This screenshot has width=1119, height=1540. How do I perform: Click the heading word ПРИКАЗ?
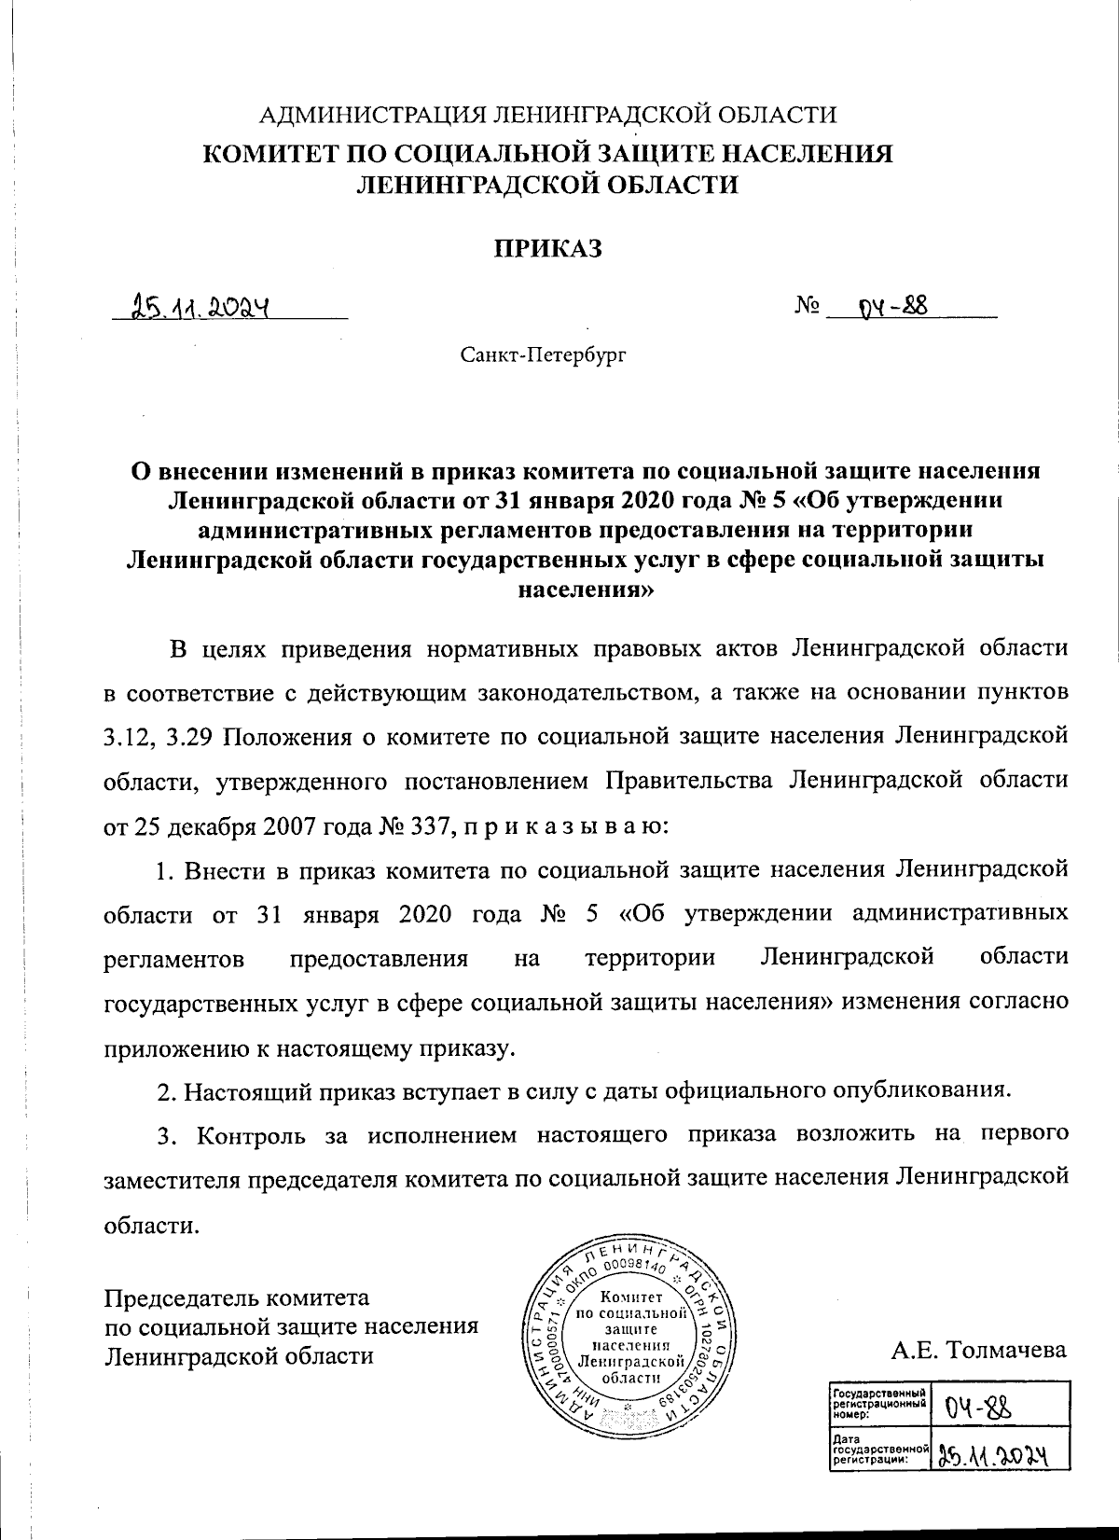point(548,248)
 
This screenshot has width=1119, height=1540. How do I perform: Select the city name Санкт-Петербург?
point(543,354)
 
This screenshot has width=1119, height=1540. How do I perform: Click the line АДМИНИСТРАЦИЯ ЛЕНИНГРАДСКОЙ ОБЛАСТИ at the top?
point(547,115)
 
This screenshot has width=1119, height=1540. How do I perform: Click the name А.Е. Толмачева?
point(978,1350)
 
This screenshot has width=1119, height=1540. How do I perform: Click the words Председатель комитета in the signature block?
point(237,1297)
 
